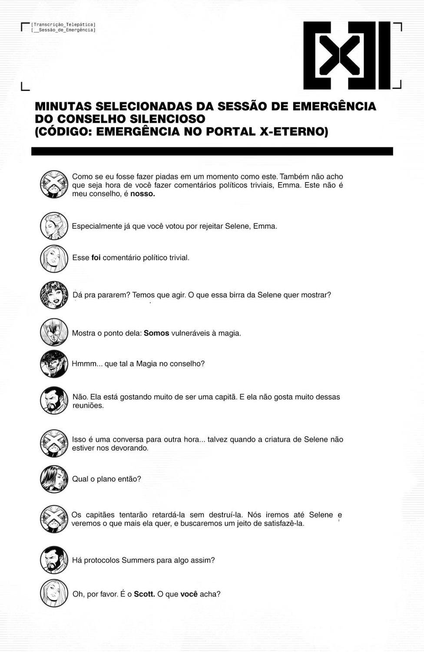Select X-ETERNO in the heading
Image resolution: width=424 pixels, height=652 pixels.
pos(293,131)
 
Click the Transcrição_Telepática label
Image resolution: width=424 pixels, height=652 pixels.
pos(63,25)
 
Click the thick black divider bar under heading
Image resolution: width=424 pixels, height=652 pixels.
pos(212,151)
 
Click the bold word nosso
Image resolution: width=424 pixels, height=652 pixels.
pos(142,194)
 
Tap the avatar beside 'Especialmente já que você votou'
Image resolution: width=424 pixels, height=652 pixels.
pos(54,226)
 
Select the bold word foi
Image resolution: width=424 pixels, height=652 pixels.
pos(96,258)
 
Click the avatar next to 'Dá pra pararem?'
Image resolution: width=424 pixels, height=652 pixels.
pos(54,295)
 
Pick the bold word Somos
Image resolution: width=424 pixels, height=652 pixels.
pos(156,333)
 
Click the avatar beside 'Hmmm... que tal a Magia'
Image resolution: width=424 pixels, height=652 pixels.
pos(54,364)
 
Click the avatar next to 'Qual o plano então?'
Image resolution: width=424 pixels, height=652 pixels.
pos(54,479)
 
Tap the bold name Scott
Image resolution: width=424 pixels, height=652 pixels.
pos(144,594)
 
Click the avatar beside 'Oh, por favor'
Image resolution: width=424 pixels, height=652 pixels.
pos(54,593)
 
